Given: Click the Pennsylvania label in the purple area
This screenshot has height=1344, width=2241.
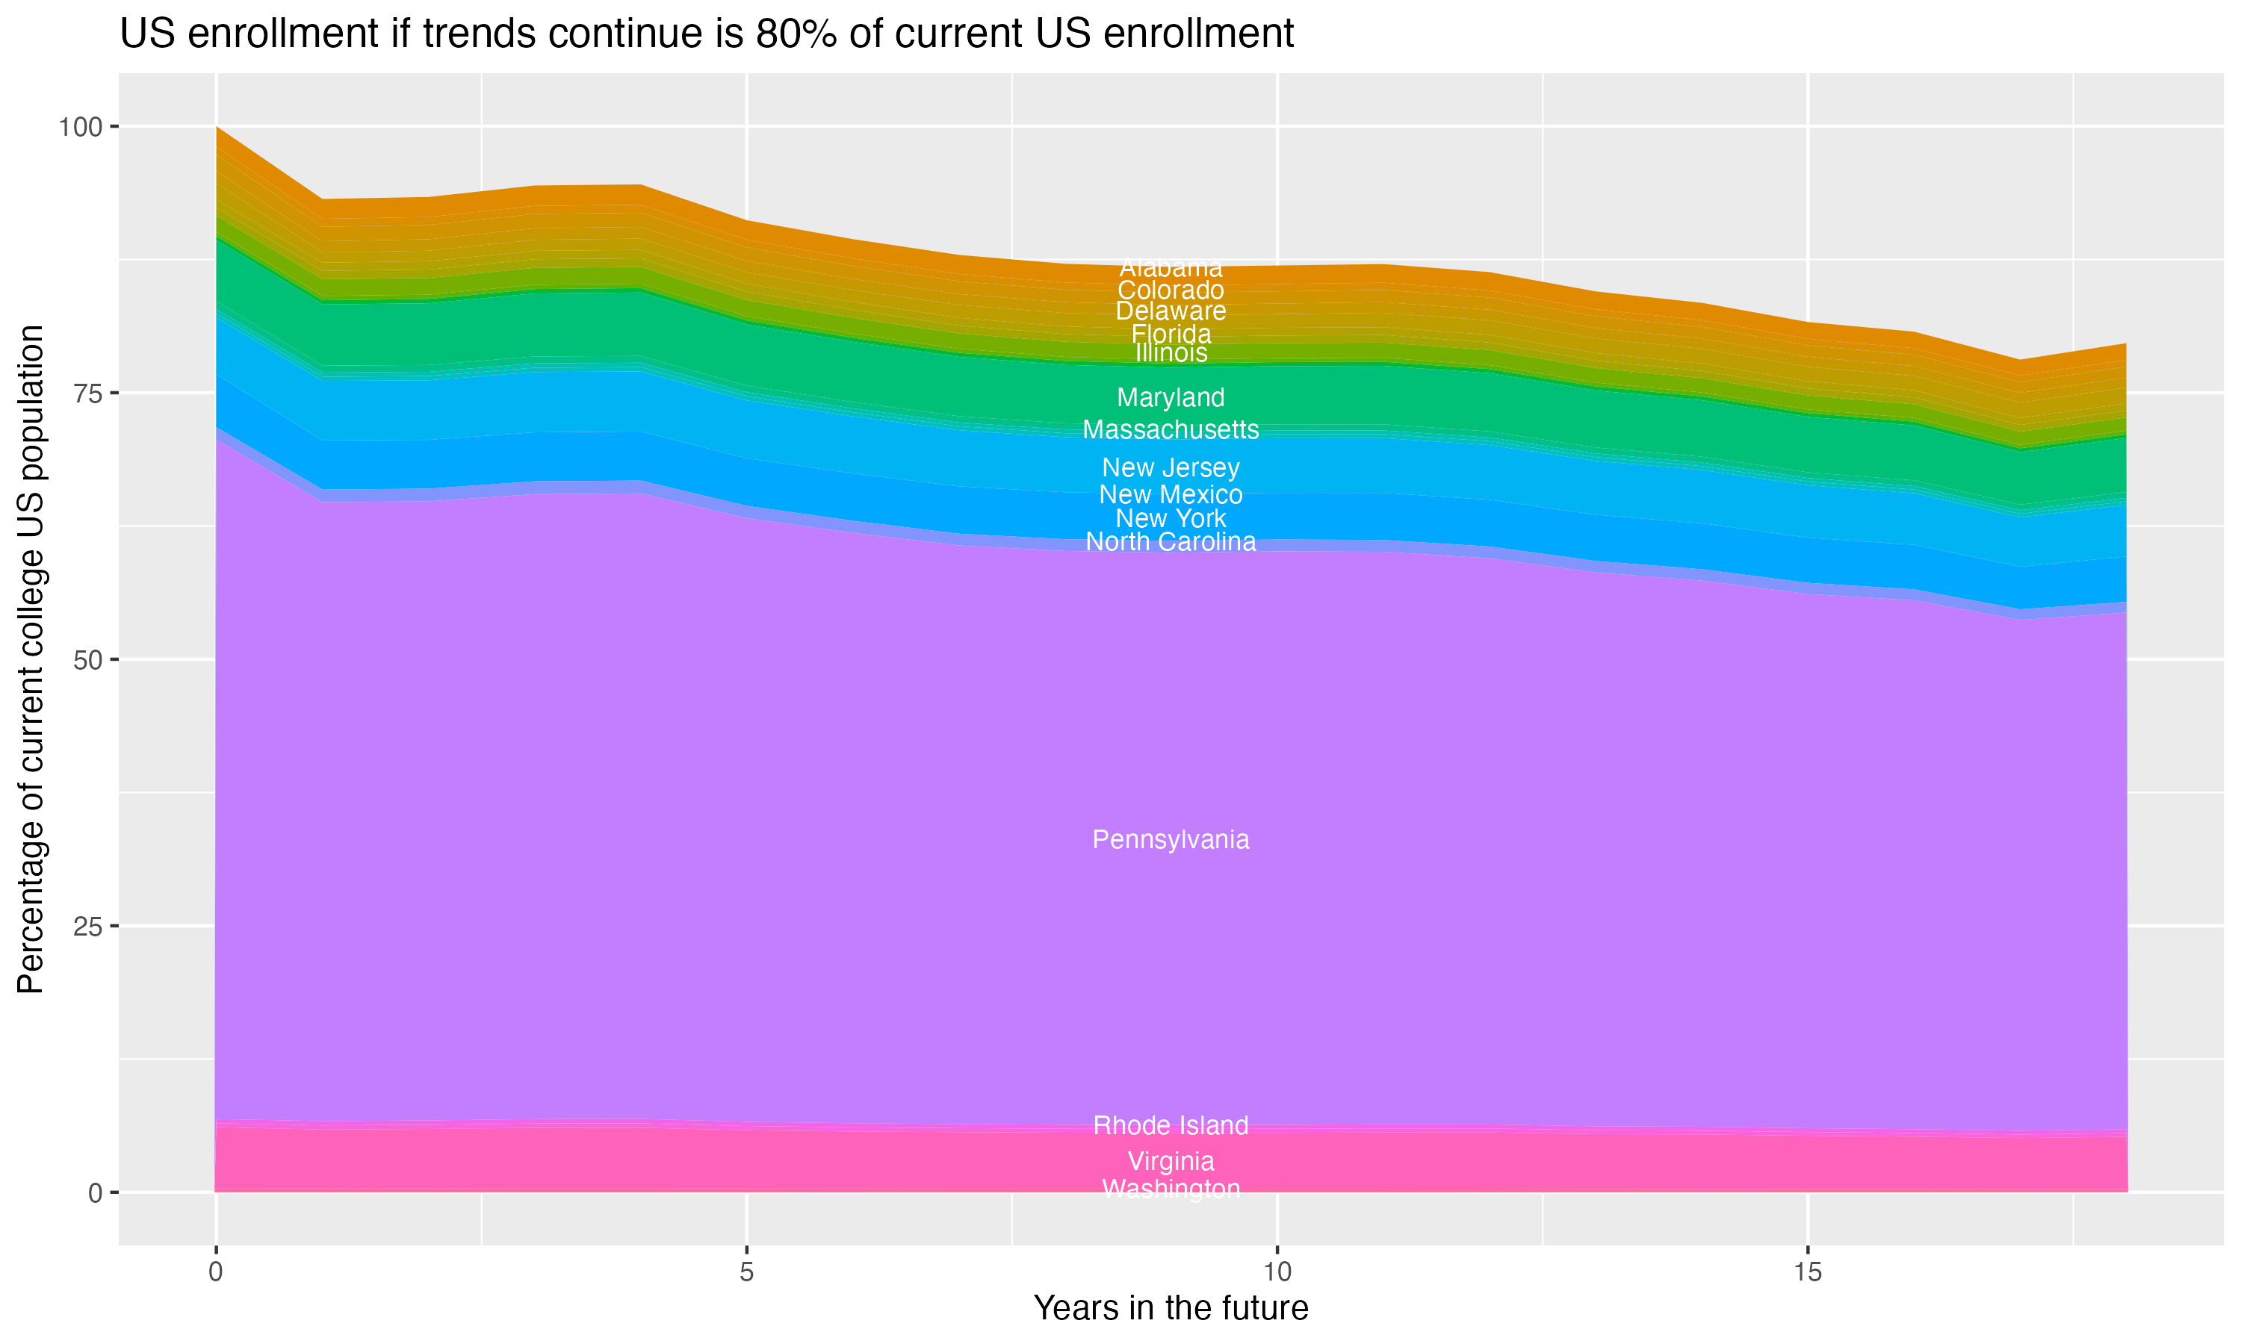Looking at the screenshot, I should (1171, 839).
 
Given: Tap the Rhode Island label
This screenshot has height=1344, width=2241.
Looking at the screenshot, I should (1171, 1126).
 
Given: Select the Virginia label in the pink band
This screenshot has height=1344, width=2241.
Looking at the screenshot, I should (1171, 1161).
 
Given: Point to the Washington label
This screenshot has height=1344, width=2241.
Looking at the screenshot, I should (1171, 1188).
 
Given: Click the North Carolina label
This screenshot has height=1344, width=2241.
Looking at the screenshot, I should (1171, 541).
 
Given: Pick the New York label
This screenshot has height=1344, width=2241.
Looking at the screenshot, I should (1171, 518).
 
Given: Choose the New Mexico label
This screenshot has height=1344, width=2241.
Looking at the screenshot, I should (1171, 494).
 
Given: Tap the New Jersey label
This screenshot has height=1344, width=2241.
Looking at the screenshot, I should (1171, 467).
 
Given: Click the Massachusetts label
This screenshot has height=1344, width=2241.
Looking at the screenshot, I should (1171, 429).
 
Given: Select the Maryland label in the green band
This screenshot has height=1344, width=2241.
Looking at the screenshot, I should (1171, 396).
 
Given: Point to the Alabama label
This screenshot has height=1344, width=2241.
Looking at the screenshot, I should (1171, 268).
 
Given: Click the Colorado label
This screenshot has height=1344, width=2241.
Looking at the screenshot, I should (1171, 290).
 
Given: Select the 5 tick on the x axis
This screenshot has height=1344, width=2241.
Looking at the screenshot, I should (746, 1272).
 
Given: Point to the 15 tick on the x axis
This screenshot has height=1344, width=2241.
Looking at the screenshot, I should (1807, 1272).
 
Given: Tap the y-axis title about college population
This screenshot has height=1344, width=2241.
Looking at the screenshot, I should (31, 659).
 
